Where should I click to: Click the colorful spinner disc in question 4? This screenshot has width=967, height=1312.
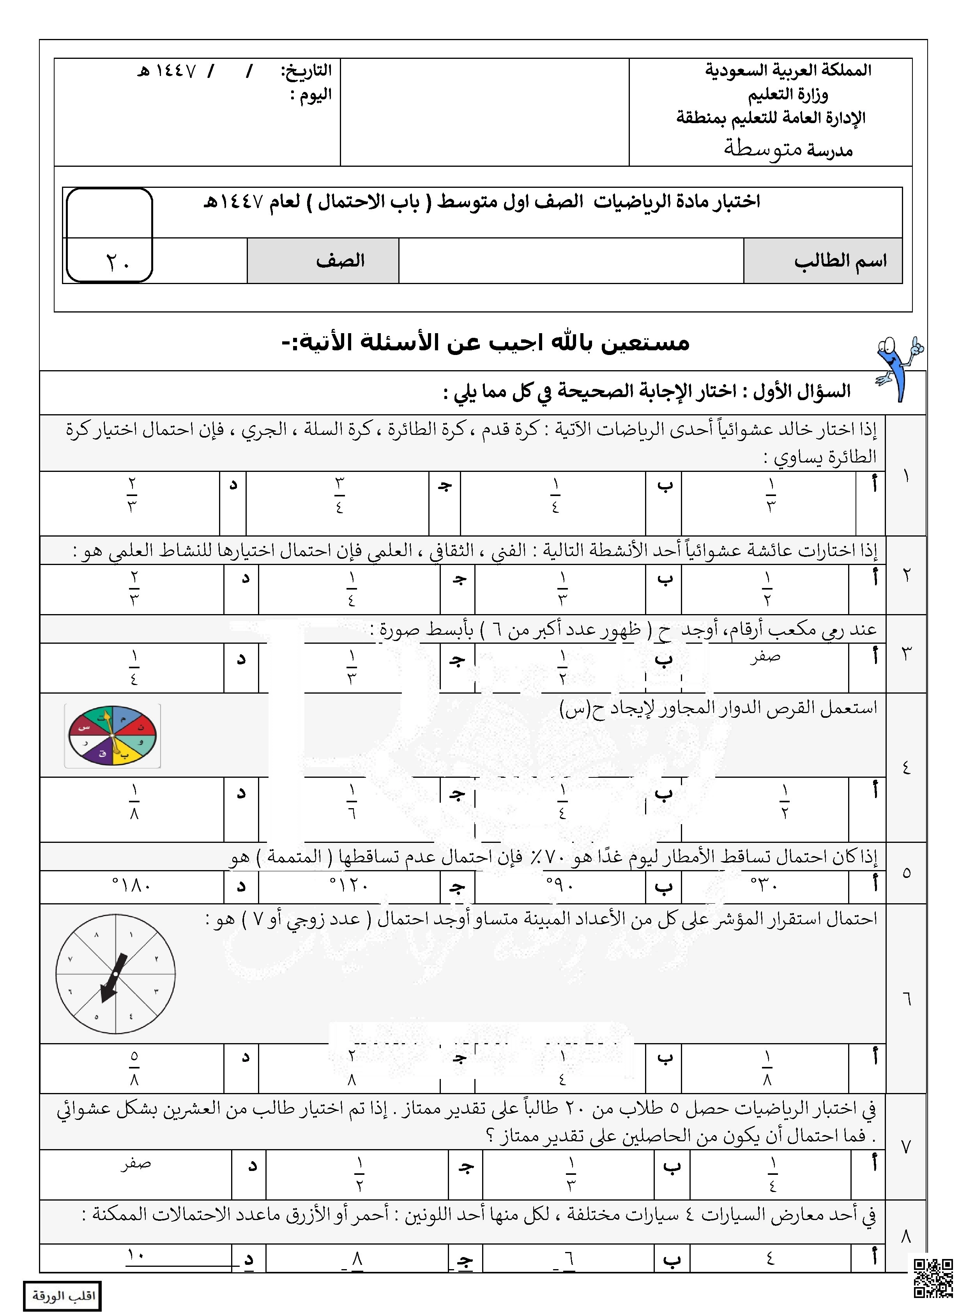click(x=112, y=736)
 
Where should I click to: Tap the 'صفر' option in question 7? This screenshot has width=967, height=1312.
click(x=136, y=1164)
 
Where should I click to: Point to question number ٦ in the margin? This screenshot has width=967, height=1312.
click(x=905, y=998)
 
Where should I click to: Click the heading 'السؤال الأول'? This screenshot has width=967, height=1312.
click(x=802, y=392)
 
